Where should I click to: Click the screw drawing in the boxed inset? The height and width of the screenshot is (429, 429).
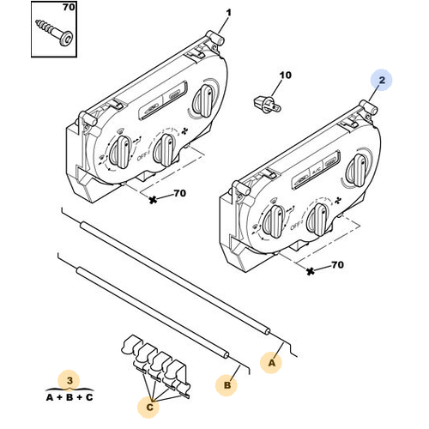[54, 33]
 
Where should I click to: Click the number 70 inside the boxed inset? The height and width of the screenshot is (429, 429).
[69, 8]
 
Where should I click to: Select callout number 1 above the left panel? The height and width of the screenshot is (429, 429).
[228, 13]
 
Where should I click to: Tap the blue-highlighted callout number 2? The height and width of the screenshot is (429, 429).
[382, 81]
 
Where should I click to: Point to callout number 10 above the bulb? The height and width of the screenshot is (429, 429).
[285, 76]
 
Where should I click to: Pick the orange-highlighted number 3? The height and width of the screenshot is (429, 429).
[69, 381]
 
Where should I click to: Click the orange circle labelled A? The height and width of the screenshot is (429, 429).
[271, 363]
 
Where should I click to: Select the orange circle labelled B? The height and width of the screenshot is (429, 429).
[227, 385]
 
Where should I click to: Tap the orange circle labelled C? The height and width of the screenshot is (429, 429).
[149, 407]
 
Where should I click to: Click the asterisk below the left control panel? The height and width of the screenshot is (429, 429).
[153, 200]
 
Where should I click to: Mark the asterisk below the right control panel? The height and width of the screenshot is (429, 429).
[311, 271]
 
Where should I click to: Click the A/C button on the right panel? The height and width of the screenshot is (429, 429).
[316, 172]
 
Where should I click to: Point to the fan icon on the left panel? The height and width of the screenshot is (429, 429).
[185, 131]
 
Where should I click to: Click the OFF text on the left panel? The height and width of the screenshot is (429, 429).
[142, 156]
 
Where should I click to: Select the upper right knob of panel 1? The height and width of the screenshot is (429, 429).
[204, 100]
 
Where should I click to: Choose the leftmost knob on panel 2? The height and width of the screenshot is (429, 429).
[273, 221]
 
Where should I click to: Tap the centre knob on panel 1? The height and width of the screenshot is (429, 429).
[165, 150]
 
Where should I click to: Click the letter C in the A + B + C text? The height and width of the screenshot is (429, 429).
[89, 397]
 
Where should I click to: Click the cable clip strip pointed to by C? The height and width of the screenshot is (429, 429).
[156, 365]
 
